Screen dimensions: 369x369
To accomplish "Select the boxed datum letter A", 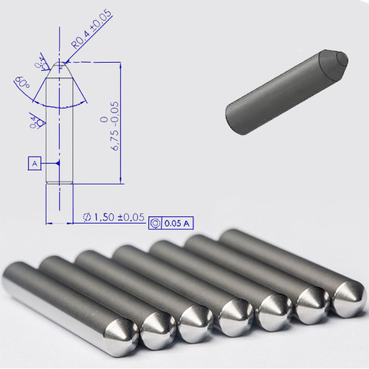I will click(x=34, y=162).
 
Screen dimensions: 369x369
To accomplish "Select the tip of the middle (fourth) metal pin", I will click(x=235, y=318).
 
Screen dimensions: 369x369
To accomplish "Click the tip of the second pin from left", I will click(x=159, y=334).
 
